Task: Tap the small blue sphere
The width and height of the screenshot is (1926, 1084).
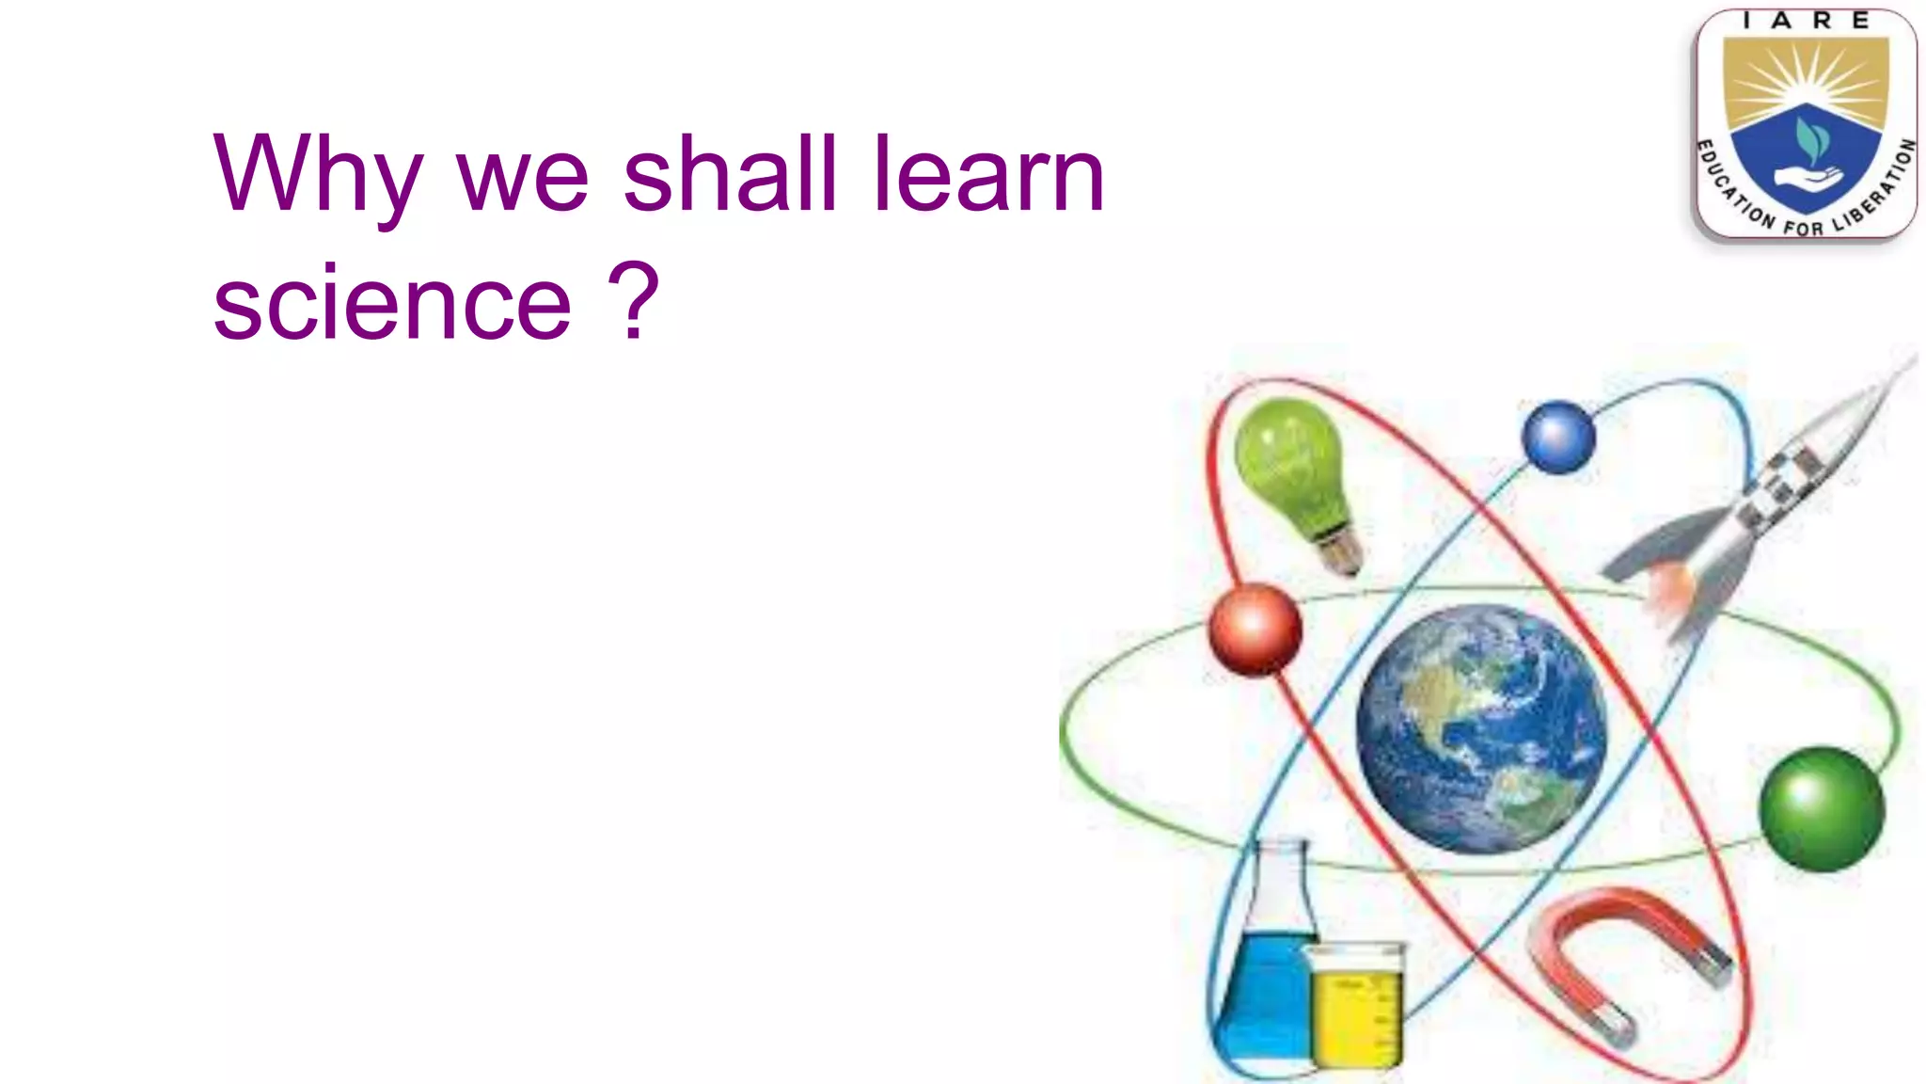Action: click(1557, 437)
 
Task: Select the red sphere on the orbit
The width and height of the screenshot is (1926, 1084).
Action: click(1255, 630)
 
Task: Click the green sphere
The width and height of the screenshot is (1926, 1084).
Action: click(1821, 808)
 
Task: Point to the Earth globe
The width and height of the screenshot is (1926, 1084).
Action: click(1480, 729)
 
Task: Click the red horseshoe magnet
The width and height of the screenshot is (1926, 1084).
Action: click(1627, 960)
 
